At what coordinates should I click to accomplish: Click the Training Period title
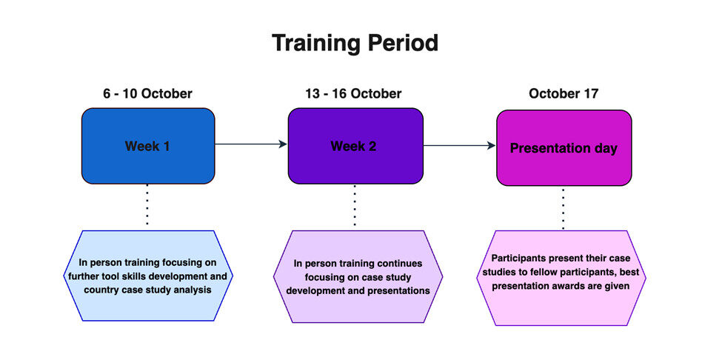(x=355, y=44)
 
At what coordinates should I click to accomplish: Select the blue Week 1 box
(x=148, y=146)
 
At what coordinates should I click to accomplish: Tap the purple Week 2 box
(x=355, y=146)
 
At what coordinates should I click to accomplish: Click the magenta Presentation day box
(x=564, y=147)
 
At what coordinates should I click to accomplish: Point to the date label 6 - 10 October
(x=148, y=94)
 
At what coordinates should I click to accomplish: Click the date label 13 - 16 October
(x=353, y=94)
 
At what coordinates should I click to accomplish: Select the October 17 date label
(x=564, y=94)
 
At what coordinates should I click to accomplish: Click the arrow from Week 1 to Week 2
(x=252, y=144)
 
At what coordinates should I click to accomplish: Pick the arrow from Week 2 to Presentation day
(x=460, y=145)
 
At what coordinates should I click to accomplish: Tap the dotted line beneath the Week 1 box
(x=147, y=205)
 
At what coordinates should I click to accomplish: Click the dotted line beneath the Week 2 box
(x=355, y=205)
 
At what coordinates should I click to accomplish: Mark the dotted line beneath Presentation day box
(x=563, y=208)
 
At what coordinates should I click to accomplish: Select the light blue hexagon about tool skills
(x=148, y=276)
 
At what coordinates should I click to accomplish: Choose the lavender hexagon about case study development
(x=358, y=277)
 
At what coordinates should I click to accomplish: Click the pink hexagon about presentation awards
(x=561, y=278)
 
